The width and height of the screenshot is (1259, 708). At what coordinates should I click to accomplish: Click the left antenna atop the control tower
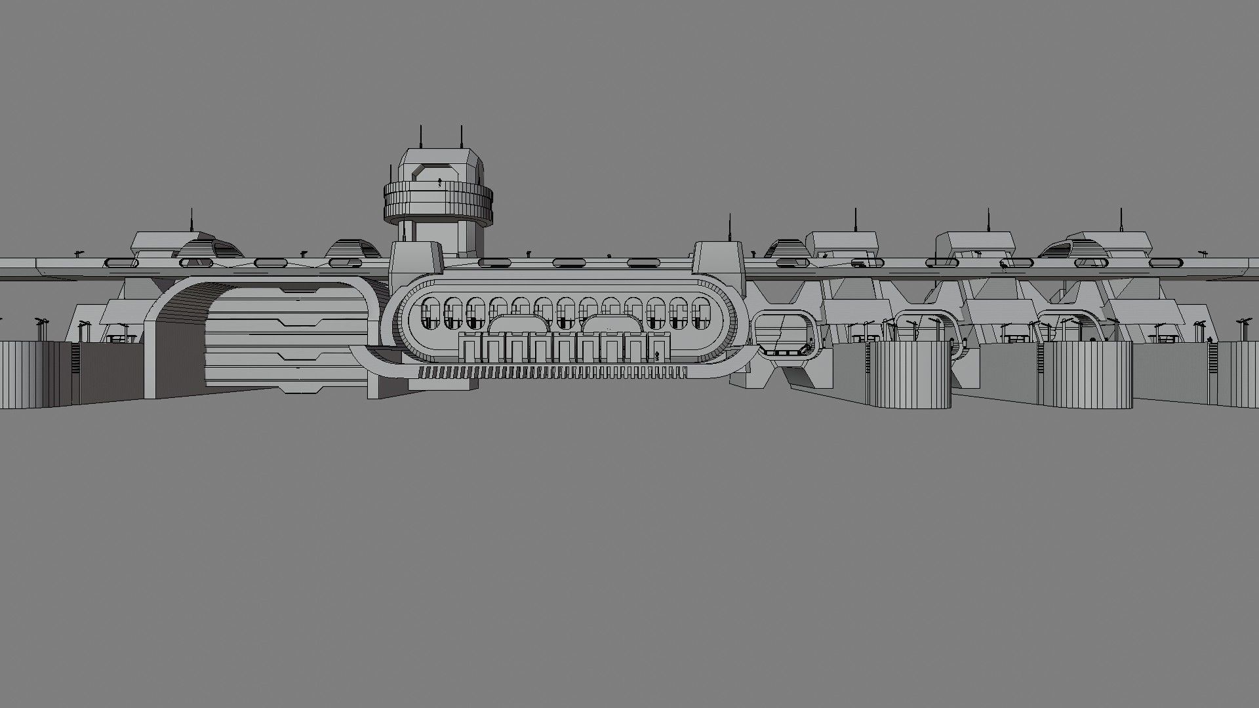(421, 138)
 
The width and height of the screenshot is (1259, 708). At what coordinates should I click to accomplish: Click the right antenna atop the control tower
(462, 138)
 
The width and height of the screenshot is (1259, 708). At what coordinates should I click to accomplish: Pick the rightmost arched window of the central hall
(700, 313)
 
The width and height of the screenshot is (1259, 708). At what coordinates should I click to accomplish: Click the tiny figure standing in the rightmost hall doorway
(658, 356)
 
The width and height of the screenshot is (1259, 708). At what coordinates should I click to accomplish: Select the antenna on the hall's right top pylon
(729, 227)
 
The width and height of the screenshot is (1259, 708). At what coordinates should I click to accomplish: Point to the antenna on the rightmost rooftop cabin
(1121, 220)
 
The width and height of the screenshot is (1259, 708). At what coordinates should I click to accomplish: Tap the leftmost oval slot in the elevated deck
(122, 263)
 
